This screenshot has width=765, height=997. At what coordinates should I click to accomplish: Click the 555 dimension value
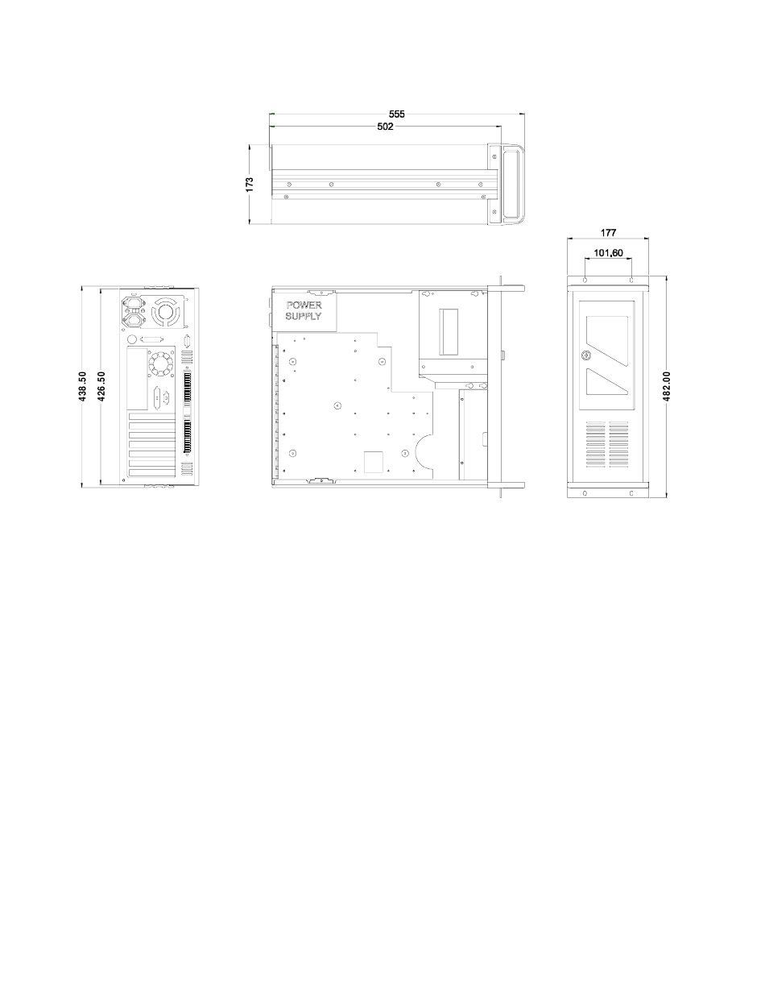pyautogui.click(x=396, y=114)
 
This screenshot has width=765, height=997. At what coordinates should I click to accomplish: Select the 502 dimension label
pyautogui.click(x=385, y=127)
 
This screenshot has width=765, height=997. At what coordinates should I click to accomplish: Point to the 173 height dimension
pyautogui.click(x=250, y=185)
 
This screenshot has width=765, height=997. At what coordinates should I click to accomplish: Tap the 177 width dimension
pyautogui.click(x=608, y=233)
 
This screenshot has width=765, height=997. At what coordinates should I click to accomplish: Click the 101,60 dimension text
pyautogui.click(x=608, y=253)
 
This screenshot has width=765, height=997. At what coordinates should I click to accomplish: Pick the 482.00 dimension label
pyautogui.click(x=667, y=386)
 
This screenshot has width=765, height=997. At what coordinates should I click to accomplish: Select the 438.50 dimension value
pyautogui.click(x=82, y=386)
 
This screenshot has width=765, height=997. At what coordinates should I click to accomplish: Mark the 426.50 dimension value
pyautogui.click(x=101, y=386)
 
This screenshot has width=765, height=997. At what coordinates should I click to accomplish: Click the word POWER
pyautogui.click(x=304, y=305)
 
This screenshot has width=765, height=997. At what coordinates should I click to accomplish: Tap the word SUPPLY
pyautogui.click(x=304, y=316)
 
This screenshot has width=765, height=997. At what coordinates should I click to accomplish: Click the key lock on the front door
pyautogui.click(x=585, y=355)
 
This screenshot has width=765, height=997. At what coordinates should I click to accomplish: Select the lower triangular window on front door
pyautogui.click(x=606, y=381)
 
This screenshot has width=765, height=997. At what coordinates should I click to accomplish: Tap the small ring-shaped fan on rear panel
pyautogui.click(x=161, y=363)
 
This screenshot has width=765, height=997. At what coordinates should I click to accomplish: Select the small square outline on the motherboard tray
pyautogui.click(x=373, y=462)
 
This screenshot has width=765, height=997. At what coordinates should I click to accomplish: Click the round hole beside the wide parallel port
pyautogui.click(x=132, y=339)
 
